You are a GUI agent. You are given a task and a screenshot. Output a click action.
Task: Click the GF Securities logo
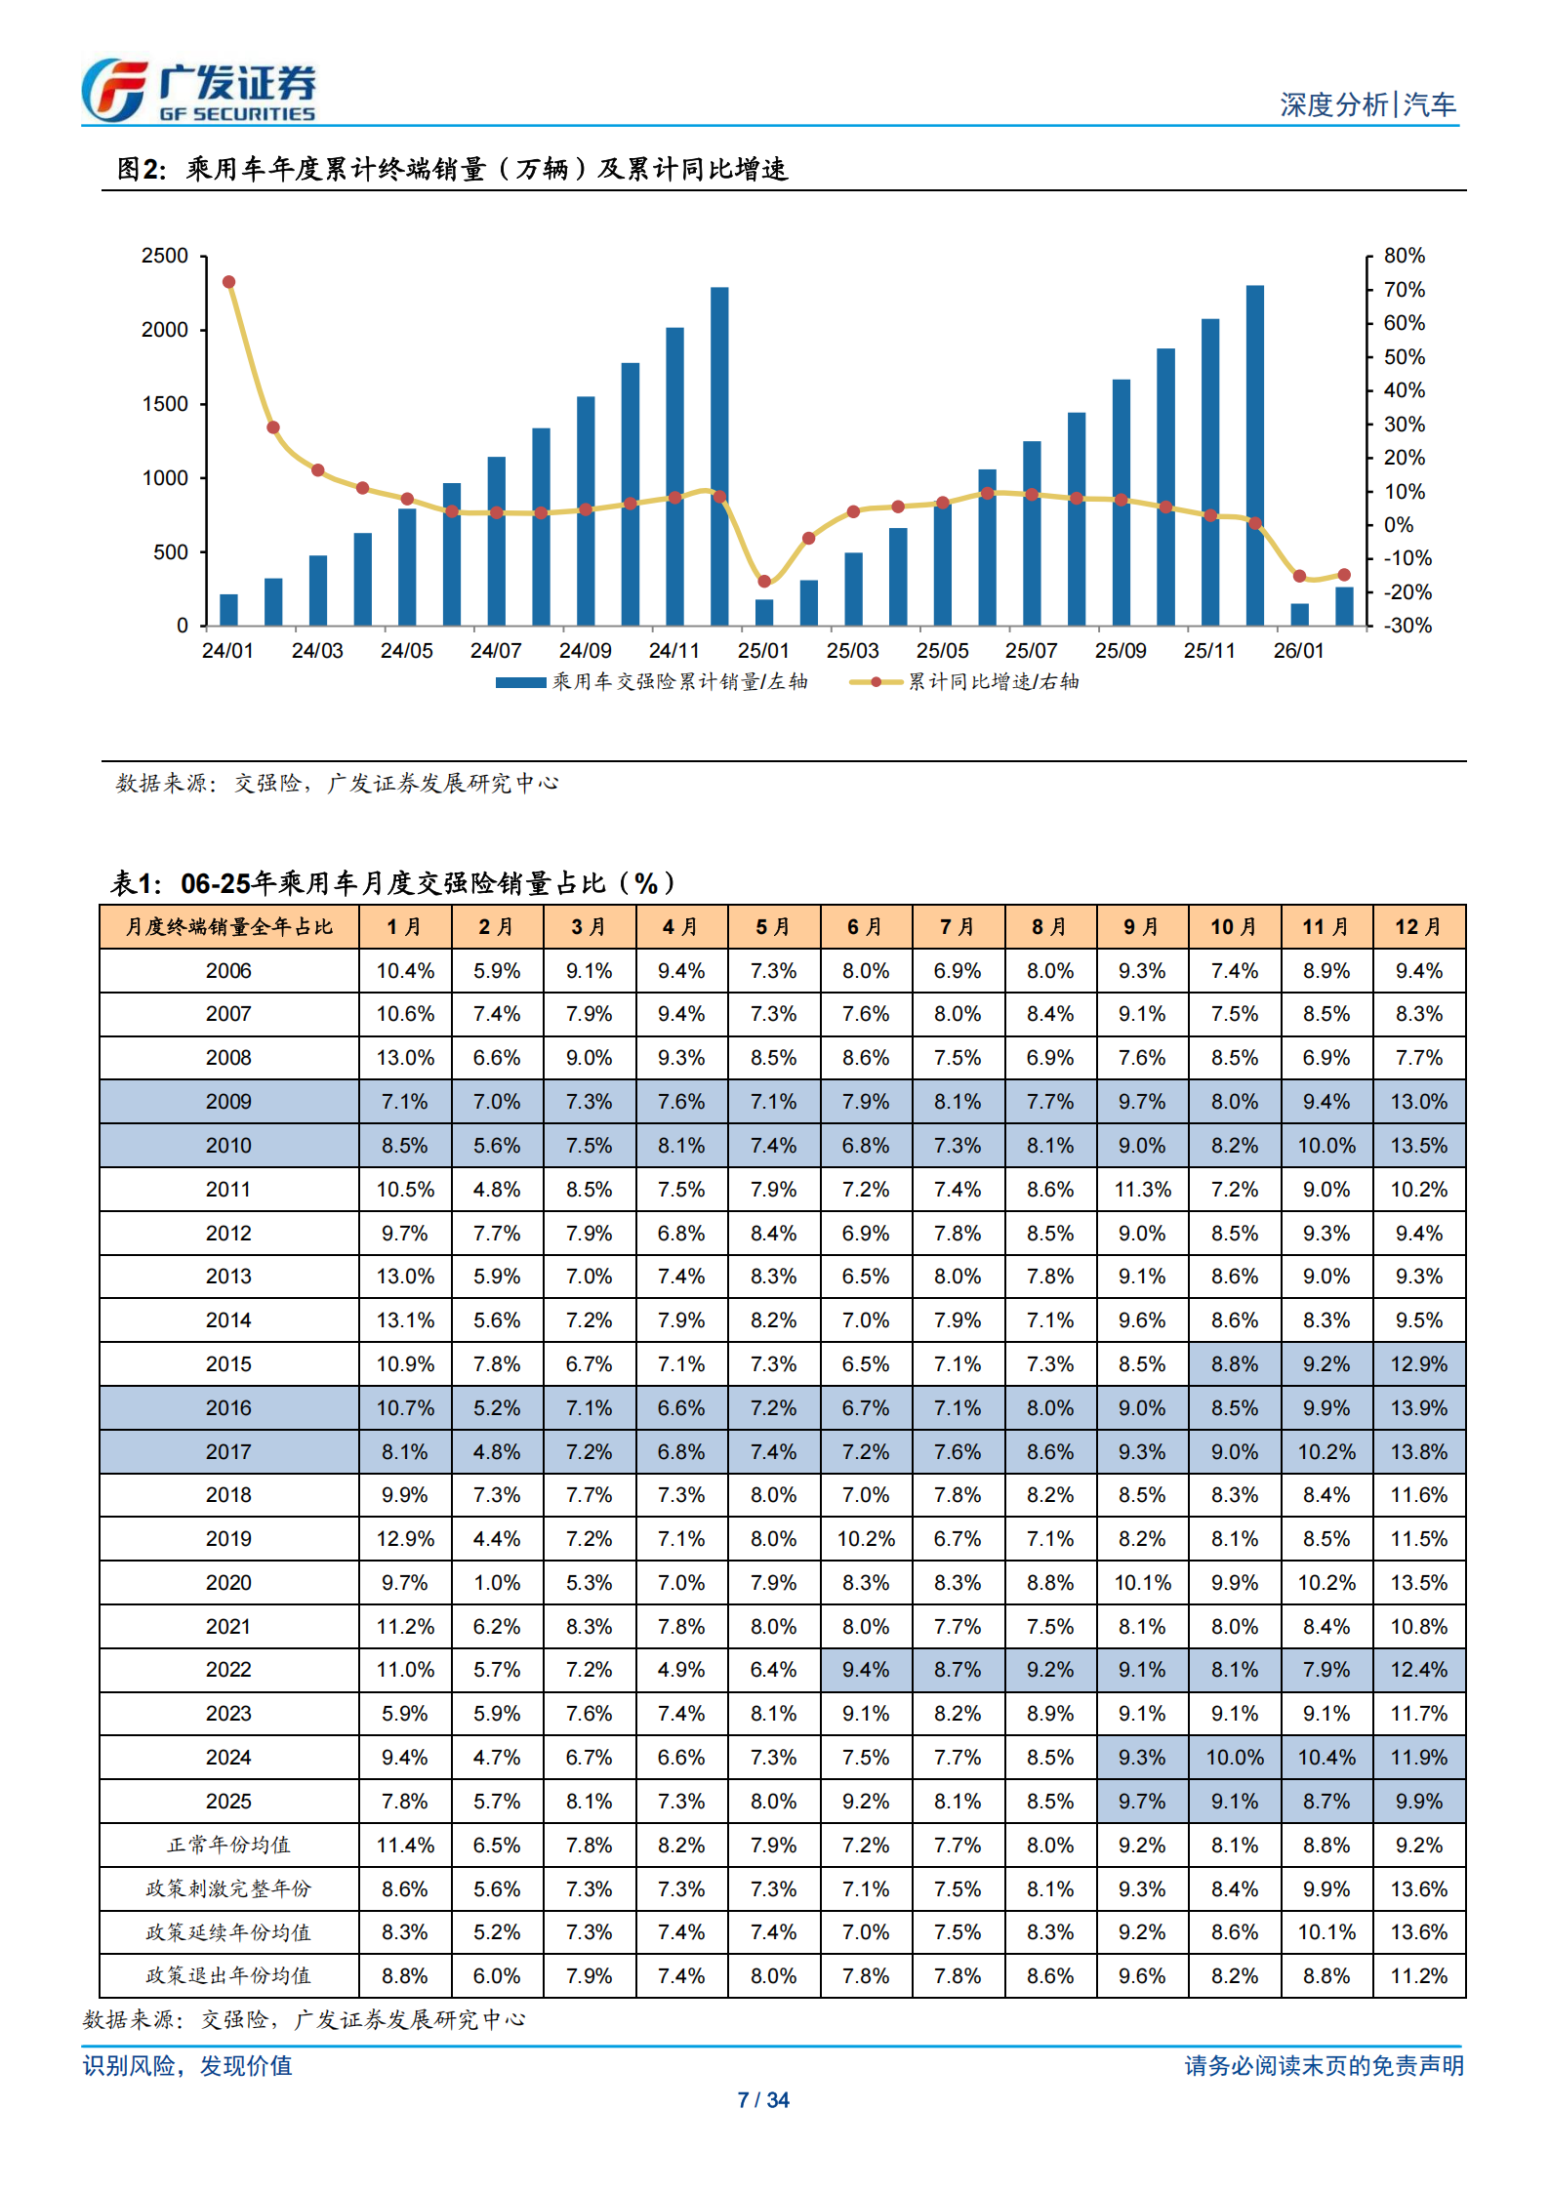[x=198, y=92]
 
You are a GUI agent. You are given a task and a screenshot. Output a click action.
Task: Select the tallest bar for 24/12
[x=719, y=456]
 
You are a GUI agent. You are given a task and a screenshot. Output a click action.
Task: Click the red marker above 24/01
[x=228, y=282]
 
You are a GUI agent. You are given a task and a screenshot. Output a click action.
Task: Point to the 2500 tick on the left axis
[x=165, y=256]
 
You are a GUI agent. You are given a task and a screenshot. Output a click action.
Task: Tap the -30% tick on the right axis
[x=1407, y=626]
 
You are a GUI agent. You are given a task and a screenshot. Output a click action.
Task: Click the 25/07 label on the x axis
[x=1031, y=651]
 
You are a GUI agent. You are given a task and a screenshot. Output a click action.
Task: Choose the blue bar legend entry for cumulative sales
[x=651, y=682]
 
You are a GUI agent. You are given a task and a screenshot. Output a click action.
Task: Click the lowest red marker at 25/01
[x=764, y=582]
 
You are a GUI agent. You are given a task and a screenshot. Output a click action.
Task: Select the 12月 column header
[x=1418, y=927]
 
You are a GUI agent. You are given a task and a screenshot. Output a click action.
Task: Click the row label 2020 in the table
[x=228, y=1583]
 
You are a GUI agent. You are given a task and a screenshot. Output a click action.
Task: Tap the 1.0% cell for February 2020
[x=497, y=1583]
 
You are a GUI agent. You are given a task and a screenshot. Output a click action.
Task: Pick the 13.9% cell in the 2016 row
[x=1418, y=1408]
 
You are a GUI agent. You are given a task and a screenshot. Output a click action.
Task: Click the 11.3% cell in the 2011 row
[x=1142, y=1190]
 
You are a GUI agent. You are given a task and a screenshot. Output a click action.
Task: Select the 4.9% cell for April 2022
[x=680, y=1670]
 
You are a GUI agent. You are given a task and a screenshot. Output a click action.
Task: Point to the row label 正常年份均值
[x=228, y=1846]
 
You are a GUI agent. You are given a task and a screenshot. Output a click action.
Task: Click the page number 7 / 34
[x=763, y=2100]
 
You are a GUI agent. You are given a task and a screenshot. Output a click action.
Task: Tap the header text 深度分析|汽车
[x=1367, y=104]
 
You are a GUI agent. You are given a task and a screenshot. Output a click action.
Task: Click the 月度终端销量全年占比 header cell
[x=228, y=927]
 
